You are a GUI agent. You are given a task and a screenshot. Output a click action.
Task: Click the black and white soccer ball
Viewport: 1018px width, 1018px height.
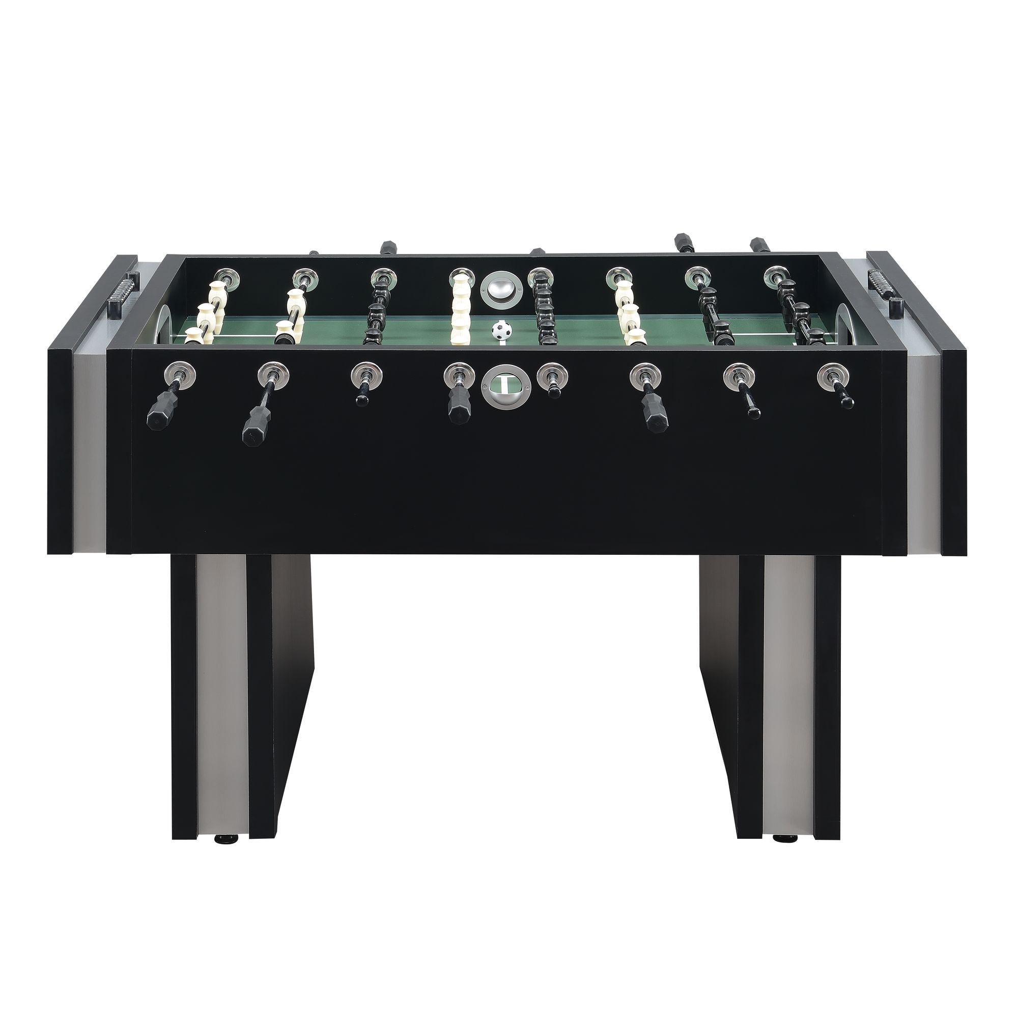point(502,330)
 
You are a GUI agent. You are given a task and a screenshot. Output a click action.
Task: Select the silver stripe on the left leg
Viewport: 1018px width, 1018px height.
point(221,685)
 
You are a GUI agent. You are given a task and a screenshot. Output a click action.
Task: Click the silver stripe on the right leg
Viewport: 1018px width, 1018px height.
point(782,685)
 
